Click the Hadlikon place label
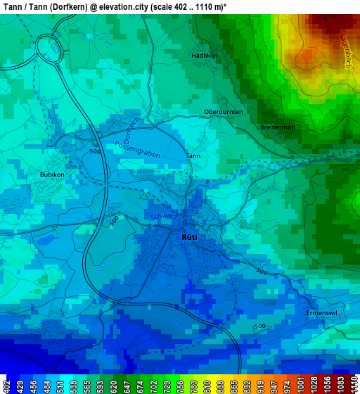point(205,55)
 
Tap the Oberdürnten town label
point(223,112)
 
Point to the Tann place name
point(193,155)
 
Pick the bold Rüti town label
point(189,237)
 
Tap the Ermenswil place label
point(323,312)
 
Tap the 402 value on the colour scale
point(6,386)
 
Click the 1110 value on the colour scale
point(353,386)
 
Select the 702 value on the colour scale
point(153,386)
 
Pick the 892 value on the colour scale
point(247,386)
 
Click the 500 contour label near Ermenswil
point(259,326)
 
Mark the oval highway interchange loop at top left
point(49,50)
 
